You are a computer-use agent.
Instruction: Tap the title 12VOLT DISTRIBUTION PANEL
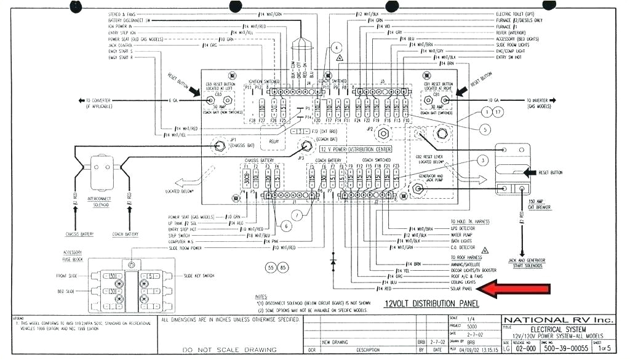coord(428,303)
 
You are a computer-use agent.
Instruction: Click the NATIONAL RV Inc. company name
coord(559,320)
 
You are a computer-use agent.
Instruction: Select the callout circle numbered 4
coord(336,47)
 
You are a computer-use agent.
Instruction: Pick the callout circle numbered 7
coord(297,215)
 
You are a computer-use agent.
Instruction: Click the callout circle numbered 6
coord(287,226)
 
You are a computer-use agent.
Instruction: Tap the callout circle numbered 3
coord(484,160)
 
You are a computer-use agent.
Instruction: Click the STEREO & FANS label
coord(122,14)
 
